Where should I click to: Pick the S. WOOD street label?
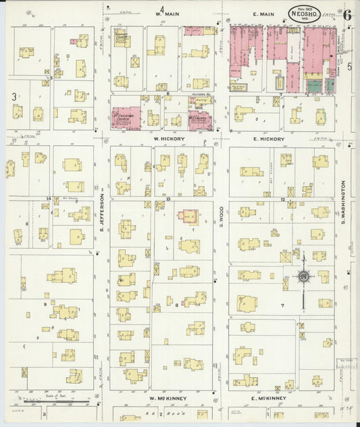221,216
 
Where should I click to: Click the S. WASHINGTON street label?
343,202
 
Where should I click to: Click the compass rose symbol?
304,276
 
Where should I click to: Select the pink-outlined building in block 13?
187,217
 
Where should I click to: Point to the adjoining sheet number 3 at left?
14,97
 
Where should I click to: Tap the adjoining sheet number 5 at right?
350,66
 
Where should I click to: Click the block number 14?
48,199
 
